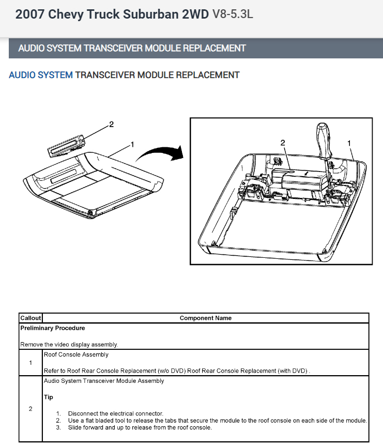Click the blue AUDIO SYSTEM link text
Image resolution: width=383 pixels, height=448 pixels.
[41, 75]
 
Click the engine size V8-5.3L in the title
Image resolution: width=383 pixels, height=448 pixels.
[232, 14]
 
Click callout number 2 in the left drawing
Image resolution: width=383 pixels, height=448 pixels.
[111, 125]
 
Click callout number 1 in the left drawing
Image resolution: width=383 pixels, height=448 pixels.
[133, 144]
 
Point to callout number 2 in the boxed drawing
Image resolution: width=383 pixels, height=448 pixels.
[283, 142]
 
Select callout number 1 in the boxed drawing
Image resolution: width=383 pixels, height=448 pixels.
[349, 142]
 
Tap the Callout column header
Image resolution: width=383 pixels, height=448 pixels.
[30, 318]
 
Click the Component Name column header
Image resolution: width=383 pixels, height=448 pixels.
[205, 318]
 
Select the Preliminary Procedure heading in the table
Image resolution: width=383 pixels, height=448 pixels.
[52, 328]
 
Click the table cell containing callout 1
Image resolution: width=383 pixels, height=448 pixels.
[30, 362]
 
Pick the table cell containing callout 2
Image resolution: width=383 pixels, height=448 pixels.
[30, 409]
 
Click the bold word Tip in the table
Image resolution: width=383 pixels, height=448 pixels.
[48, 397]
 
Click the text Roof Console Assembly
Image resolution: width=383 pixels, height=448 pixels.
[76, 354]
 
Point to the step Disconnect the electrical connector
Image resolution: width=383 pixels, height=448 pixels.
[115, 413]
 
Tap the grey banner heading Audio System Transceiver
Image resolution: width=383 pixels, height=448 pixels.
[132, 48]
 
